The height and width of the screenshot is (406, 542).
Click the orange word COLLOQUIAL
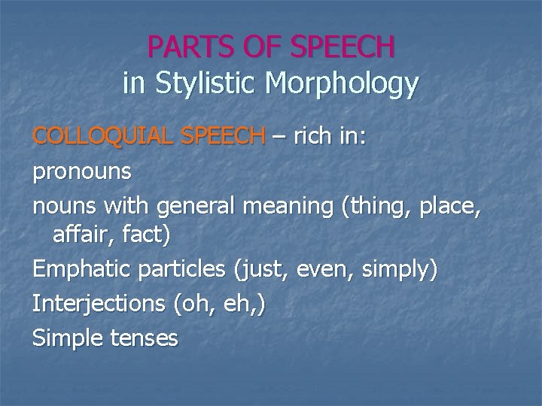[x=92, y=137]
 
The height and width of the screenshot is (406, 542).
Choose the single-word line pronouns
[x=81, y=171]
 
